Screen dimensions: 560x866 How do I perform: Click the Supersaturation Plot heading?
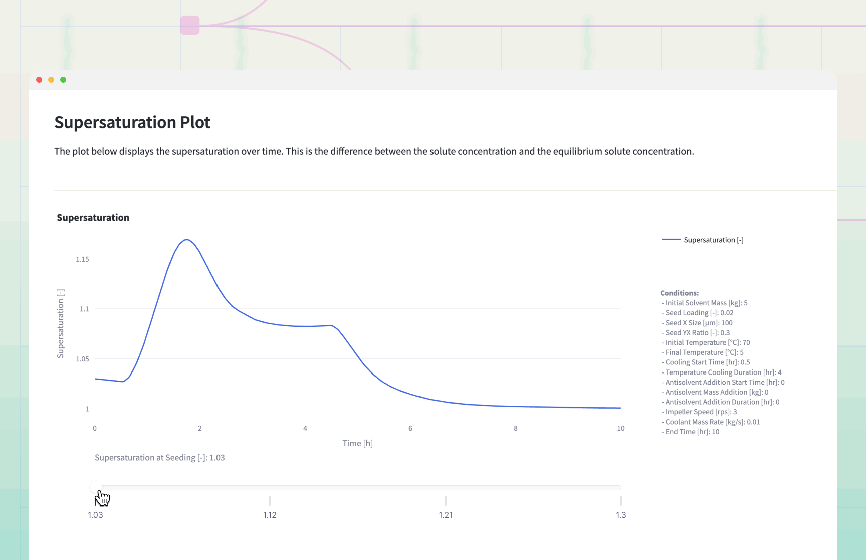point(132,122)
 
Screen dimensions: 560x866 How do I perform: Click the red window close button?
point(39,80)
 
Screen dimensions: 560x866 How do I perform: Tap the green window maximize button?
point(63,80)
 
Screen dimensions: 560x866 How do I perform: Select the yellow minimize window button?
point(51,80)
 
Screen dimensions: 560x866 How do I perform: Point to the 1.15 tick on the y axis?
point(82,259)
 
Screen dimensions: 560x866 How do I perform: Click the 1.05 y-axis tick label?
point(82,359)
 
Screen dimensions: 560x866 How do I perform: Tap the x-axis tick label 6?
point(410,428)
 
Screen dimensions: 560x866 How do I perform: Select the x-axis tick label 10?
point(620,428)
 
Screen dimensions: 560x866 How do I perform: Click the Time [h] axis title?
point(357,443)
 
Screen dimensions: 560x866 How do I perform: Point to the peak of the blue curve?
point(186,240)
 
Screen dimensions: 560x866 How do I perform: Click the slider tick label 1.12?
point(270,515)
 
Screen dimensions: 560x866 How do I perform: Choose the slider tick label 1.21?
point(446,515)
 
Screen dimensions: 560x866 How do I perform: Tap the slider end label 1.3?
point(621,515)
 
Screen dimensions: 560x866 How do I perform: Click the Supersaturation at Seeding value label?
point(159,458)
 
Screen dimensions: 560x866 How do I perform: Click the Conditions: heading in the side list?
point(679,293)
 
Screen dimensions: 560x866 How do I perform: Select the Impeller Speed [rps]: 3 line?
point(701,412)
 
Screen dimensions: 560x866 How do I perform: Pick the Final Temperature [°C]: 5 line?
point(704,352)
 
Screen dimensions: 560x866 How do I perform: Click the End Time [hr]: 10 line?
point(692,432)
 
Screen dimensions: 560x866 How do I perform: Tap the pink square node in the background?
point(190,25)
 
